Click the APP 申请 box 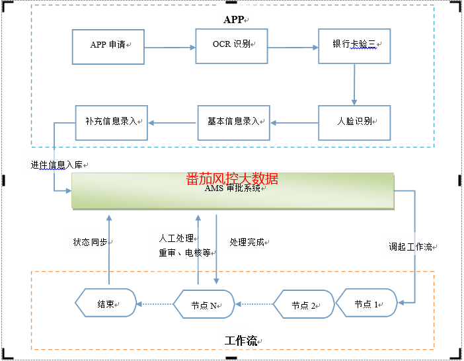[x=108, y=46]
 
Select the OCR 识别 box [x=231, y=46]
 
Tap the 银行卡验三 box [x=354, y=46]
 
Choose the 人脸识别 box [x=354, y=122]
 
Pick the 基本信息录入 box [x=234, y=122]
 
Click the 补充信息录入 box [x=111, y=122]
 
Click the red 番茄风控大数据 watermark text [x=232, y=179]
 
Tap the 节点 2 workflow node [x=303, y=305]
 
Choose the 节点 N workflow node [x=204, y=305]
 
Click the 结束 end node [x=106, y=305]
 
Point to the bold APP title [x=233, y=20]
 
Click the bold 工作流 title [x=241, y=341]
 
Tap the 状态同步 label [x=90, y=243]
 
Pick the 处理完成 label [x=247, y=243]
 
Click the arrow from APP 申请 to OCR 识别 [x=170, y=48]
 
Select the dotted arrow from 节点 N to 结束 [x=155, y=305]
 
